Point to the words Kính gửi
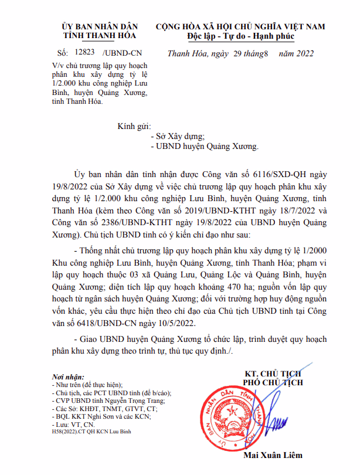(x=134, y=125)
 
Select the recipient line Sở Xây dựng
(x=176, y=136)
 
